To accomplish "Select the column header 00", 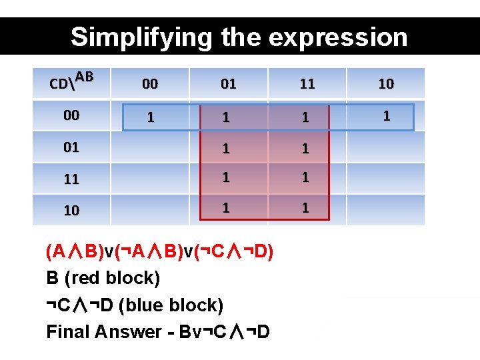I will point(150,84).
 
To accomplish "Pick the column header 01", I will point(228,84).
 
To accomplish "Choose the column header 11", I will point(307,84).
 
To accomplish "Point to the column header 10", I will point(385,84).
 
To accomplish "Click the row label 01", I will point(71,147).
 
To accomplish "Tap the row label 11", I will point(71,179).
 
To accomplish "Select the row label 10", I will point(71,210).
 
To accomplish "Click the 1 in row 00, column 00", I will point(150,117).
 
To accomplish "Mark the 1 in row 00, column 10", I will point(385,116).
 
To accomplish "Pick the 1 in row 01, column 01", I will point(227,148).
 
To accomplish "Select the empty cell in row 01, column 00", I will point(150,148).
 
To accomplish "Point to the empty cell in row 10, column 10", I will point(385,209).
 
